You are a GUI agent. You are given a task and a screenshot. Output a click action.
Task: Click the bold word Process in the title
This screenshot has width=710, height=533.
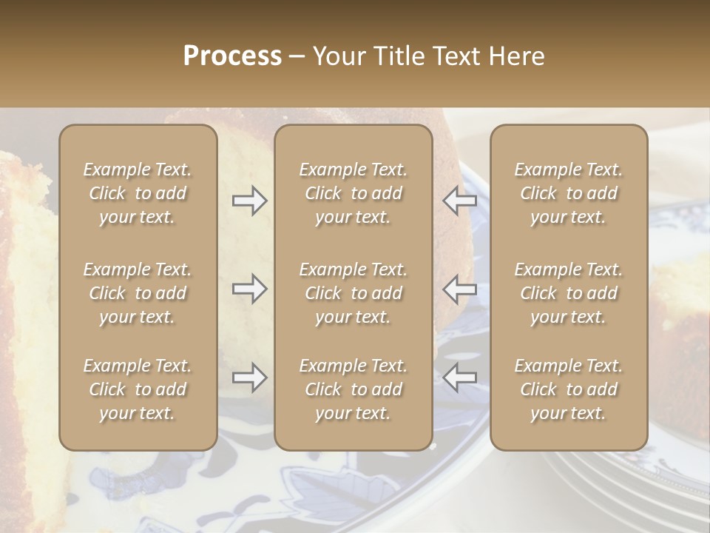click(x=232, y=56)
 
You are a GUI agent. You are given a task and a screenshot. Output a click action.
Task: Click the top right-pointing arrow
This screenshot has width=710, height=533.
click(x=249, y=201)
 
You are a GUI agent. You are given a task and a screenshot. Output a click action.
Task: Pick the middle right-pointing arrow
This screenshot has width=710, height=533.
click(x=249, y=289)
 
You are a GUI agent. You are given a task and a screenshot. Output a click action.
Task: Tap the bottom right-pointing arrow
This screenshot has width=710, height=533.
click(x=249, y=378)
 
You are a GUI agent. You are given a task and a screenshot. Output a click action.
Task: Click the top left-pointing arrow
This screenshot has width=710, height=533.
click(x=460, y=201)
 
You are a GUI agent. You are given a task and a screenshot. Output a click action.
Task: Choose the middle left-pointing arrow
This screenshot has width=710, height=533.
click(x=460, y=289)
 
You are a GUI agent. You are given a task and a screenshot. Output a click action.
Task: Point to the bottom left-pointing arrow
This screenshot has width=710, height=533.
click(x=460, y=378)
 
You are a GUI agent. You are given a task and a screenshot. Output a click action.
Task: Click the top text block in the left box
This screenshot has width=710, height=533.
click(x=138, y=193)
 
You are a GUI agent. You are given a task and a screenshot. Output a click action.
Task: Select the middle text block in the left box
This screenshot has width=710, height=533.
click(x=138, y=293)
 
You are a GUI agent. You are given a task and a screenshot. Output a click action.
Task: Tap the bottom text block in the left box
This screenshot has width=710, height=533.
click(x=138, y=389)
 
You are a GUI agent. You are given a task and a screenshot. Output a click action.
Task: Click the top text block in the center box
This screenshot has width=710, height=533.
click(x=354, y=193)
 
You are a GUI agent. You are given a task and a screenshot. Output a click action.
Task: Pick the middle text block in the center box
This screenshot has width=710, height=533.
click(x=354, y=293)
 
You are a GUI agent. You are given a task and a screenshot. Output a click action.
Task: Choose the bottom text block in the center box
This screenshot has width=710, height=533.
click(x=354, y=389)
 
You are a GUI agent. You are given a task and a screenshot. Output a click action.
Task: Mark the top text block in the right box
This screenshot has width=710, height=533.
click(x=569, y=193)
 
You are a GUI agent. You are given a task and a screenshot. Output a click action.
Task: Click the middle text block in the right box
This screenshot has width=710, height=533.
click(x=569, y=293)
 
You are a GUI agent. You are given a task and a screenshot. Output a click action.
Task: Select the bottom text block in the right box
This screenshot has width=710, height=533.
click(x=569, y=389)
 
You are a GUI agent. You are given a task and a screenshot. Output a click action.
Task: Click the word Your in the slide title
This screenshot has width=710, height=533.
click(x=337, y=56)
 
